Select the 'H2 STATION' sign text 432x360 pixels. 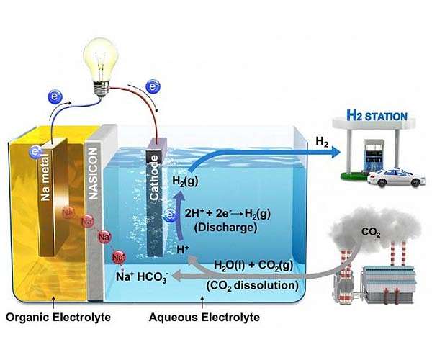(x=377, y=115)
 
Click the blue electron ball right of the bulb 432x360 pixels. (x=153, y=87)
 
